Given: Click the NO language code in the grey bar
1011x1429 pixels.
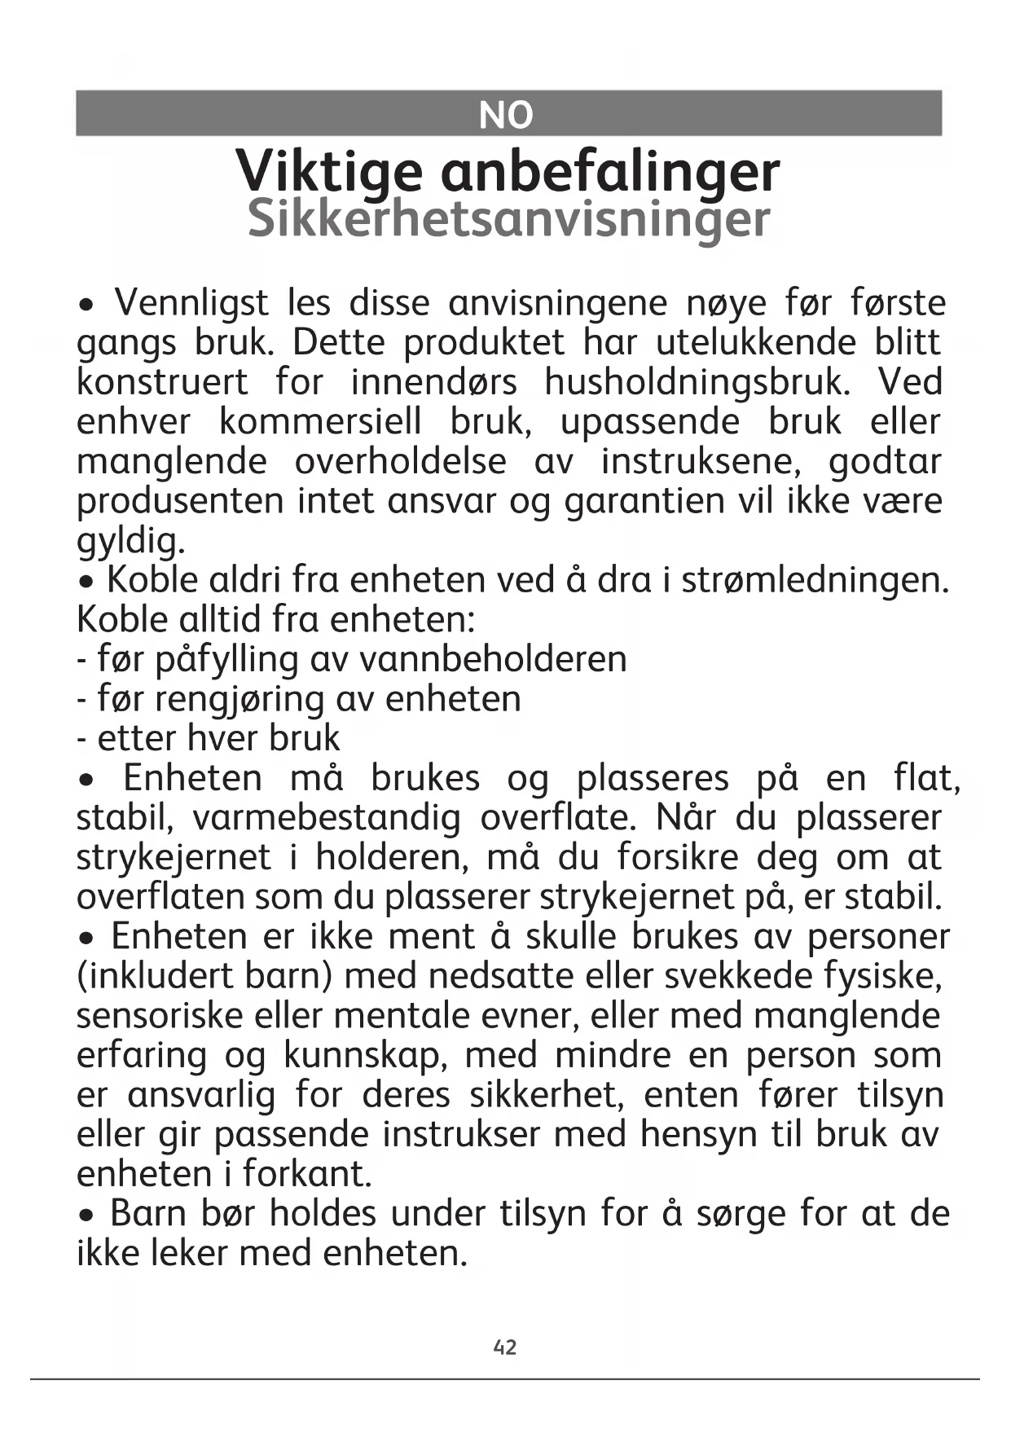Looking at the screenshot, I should (x=505, y=115).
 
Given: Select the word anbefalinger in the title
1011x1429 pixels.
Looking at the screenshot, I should (x=610, y=172).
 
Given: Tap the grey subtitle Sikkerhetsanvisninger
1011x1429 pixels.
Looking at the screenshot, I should (x=508, y=218).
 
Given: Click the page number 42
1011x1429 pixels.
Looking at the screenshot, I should (x=505, y=1347).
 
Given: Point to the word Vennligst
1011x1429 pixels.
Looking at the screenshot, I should (x=191, y=303).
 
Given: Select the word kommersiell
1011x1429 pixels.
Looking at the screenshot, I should (x=321, y=422).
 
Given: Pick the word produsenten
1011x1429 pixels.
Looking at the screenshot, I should (x=181, y=501).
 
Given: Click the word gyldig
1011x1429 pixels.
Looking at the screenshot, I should (x=130, y=541).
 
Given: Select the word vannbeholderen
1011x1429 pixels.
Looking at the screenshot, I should (x=493, y=659).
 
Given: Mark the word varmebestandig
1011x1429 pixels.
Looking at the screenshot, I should (x=327, y=817).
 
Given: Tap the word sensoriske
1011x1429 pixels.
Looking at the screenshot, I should (x=159, y=1016).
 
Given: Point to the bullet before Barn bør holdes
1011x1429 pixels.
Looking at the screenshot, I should (x=87, y=1216).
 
